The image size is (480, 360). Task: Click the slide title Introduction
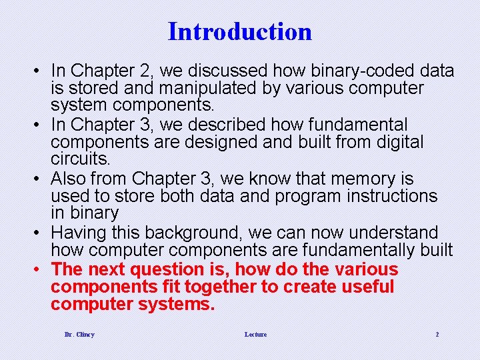(240, 31)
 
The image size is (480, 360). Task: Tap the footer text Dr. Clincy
(79, 334)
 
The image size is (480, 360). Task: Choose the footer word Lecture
(255, 334)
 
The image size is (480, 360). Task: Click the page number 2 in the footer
(437, 334)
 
